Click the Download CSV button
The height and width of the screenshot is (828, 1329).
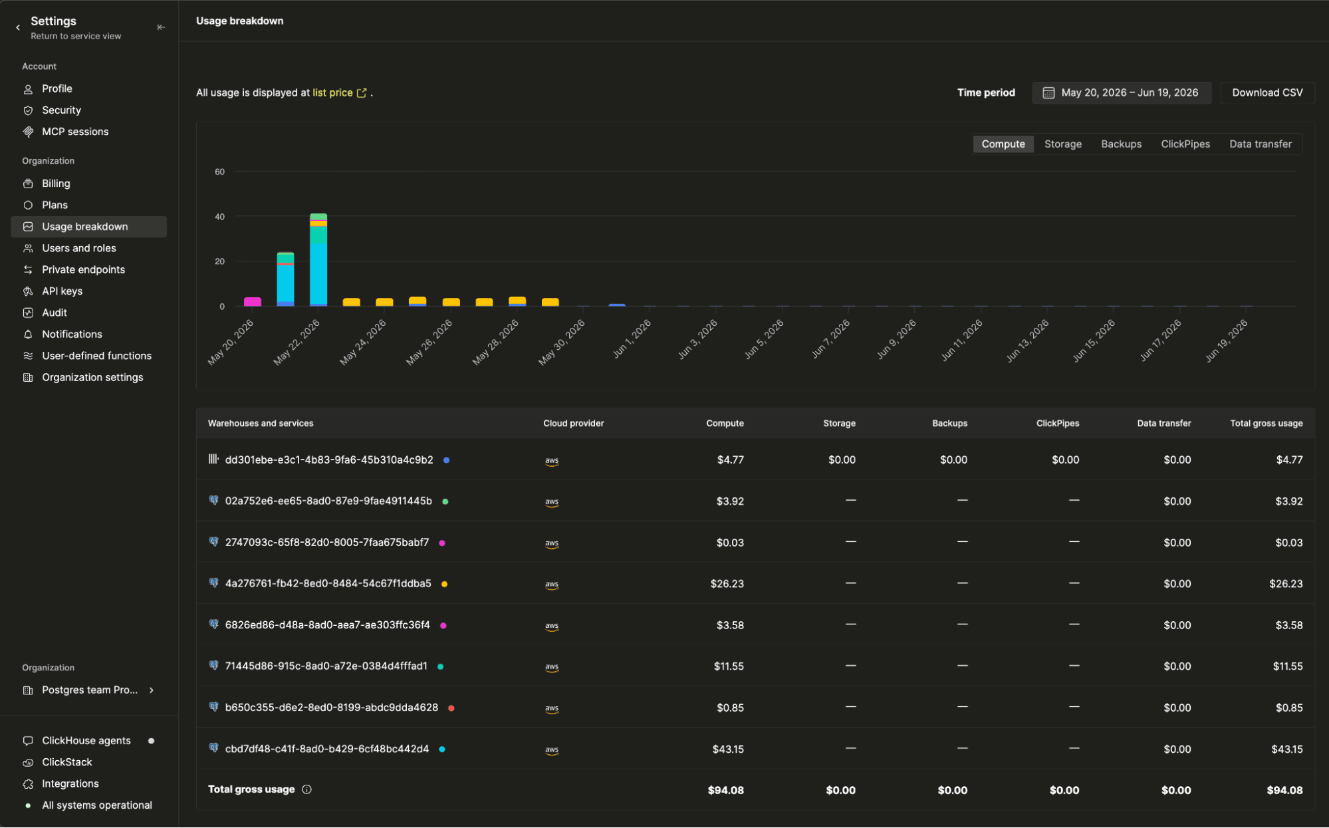[x=1267, y=92]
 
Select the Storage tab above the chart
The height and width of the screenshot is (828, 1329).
[x=1062, y=144]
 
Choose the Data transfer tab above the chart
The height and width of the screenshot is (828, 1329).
[x=1260, y=144]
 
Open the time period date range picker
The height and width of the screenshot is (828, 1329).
[x=1121, y=92]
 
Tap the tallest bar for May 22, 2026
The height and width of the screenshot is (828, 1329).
[x=318, y=259]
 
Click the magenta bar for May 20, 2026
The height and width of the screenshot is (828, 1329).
[x=253, y=302]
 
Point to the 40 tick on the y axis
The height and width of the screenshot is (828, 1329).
[x=219, y=217]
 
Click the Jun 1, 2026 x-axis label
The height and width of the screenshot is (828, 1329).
[x=632, y=339]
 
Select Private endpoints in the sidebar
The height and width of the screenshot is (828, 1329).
[x=83, y=269]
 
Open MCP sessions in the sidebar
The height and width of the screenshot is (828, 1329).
[x=75, y=132]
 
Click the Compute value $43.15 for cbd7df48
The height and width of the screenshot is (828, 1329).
[x=728, y=749]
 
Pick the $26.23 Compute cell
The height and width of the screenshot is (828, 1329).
[x=727, y=583]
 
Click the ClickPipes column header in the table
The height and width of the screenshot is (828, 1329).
[x=1057, y=423]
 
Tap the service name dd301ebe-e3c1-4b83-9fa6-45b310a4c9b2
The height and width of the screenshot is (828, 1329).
[x=329, y=460]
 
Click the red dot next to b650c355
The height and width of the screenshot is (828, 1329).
[x=451, y=708]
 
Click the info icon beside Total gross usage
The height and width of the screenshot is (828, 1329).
[x=306, y=789]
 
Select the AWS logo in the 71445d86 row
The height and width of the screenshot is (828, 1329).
[x=552, y=667]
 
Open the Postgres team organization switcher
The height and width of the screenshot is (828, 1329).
[x=89, y=690]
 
